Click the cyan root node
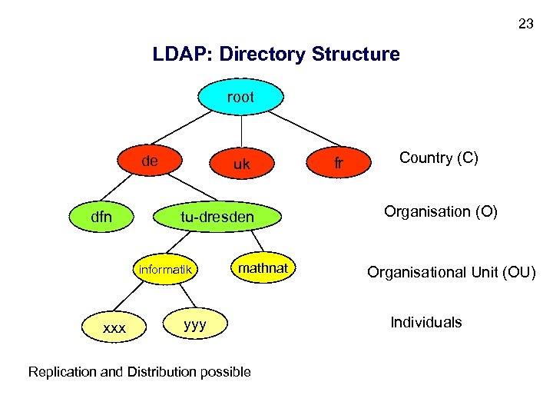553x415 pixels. tap(240, 98)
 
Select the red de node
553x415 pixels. tap(151, 162)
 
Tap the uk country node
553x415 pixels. tap(241, 164)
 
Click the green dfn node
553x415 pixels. tap(101, 217)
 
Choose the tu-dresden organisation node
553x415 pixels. tap(217, 217)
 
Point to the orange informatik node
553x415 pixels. tap(164, 270)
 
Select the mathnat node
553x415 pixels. tap(263, 268)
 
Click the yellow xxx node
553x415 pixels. tap(114, 327)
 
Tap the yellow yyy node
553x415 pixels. tap(195, 324)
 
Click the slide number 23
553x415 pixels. tap(525, 24)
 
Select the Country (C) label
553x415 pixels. tap(439, 158)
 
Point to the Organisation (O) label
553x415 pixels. tap(441, 211)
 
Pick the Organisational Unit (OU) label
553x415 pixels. tap(451, 272)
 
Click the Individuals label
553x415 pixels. tap(426, 322)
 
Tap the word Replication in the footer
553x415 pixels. tap(62, 372)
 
